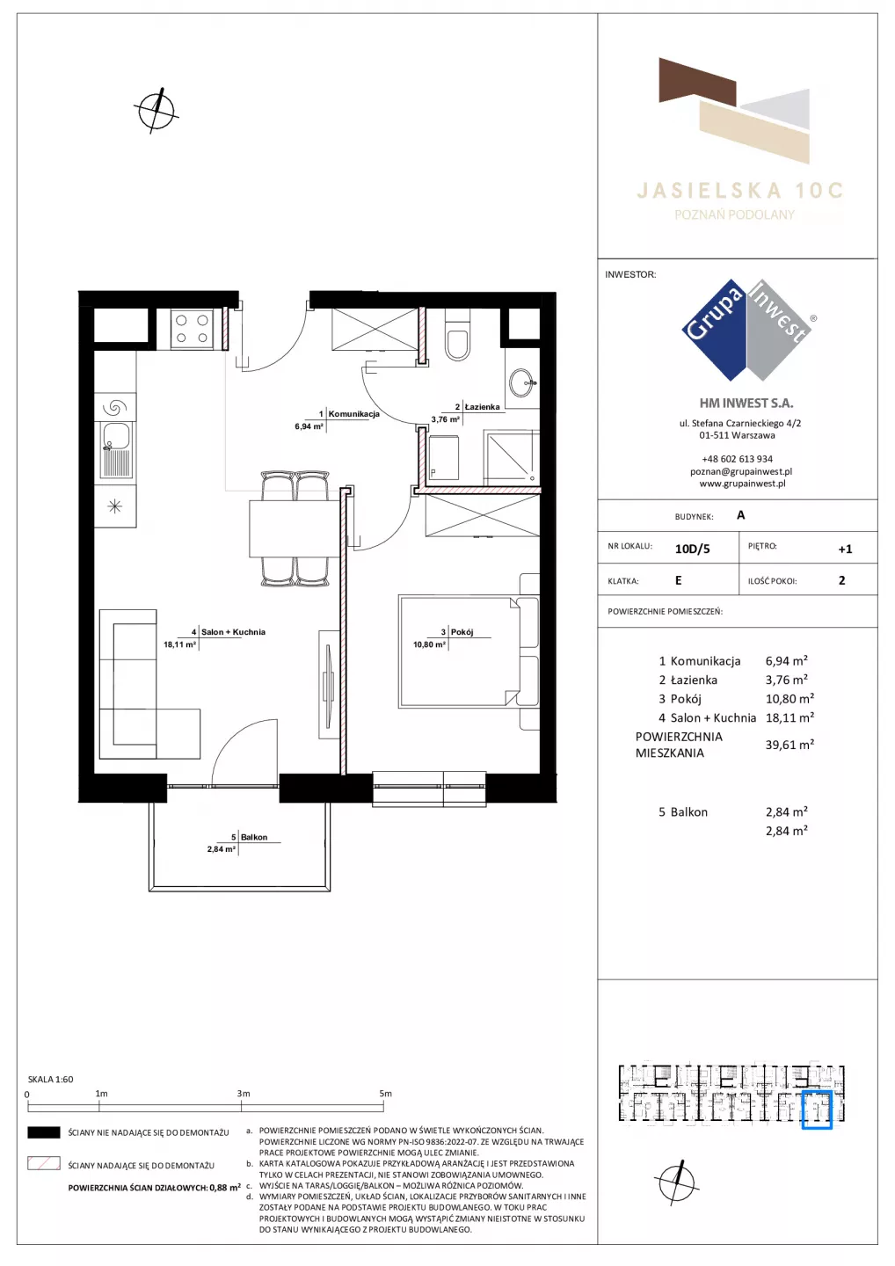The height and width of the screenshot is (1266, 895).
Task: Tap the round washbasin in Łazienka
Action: [x=522, y=383]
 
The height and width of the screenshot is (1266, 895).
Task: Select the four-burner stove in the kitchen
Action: [x=193, y=329]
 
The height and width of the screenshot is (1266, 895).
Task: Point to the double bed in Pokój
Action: [x=459, y=651]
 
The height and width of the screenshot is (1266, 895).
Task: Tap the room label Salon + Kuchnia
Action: [x=233, y=632]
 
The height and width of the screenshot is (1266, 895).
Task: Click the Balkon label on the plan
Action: [x=254, y=837]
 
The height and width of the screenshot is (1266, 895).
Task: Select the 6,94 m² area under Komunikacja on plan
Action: [x=309, y=426]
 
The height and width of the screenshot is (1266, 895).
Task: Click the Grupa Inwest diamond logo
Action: [x=747, y=330]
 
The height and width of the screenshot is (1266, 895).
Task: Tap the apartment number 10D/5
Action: [x=692, y=549]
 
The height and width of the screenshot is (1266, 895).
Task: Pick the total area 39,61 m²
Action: [x=789, y=745]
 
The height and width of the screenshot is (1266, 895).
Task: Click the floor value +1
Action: [x=845, y=549]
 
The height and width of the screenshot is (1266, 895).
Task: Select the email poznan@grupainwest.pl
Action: [x=741, y=471]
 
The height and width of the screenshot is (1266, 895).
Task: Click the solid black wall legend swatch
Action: [x=43, y=1132]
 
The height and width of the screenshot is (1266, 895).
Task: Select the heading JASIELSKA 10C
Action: [x=739, y=191]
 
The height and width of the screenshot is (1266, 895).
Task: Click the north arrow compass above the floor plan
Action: [x=156, y=110]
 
